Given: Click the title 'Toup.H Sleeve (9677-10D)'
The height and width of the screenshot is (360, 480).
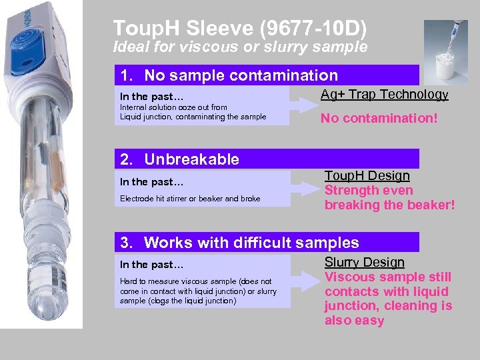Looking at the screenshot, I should pyautogui.click(x=240, y=28).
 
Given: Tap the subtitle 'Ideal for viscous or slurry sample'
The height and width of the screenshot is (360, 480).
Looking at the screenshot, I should pyautogui.click(x=240, y=47).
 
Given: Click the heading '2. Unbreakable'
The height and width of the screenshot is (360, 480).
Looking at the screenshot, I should pyautogui.click(x=179, y=159).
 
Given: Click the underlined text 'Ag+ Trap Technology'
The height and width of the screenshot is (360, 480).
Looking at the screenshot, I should pyautogui.click(x=384, y=94).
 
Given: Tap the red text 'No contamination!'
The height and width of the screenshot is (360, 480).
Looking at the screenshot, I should pyautogui.click(x=379, y=119).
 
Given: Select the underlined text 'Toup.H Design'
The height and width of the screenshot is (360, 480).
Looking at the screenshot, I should pyautogui.click(x=367, y=175).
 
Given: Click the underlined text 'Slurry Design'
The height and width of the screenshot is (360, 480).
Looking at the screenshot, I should pyautogui.click(x=364, y=263).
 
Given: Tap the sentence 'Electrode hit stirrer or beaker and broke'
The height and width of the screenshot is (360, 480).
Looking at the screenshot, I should pyautogui.click(x=190, y=199).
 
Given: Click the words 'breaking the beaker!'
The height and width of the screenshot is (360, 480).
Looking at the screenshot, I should pyautogui.click(x=389, y=205).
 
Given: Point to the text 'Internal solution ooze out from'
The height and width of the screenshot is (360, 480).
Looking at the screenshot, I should pyautogui.click(x=173, y=107).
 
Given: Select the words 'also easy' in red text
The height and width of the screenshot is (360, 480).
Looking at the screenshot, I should pyautogui.click(x=354, y=321).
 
